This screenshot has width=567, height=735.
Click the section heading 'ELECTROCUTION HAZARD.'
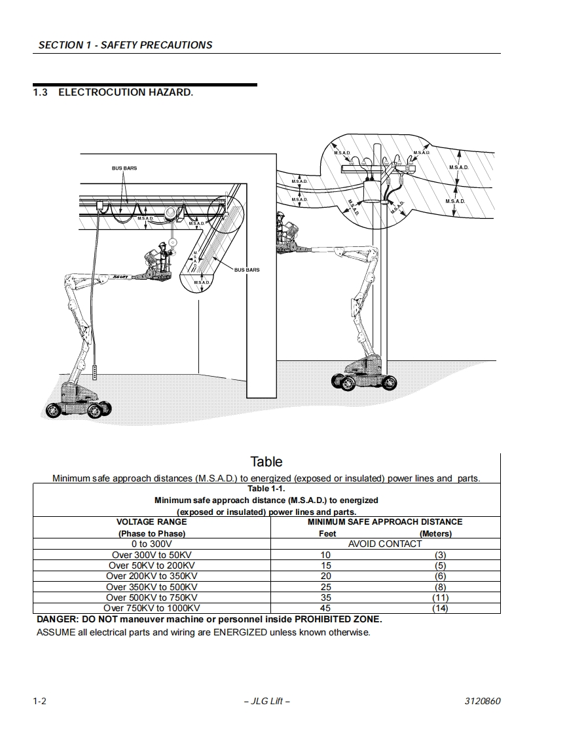tap(125, 92)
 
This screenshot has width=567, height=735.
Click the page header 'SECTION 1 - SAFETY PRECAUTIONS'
tap(125, 45)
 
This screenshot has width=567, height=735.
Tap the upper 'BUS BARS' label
tap(124, 168)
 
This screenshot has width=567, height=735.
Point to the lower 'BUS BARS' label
tap(247, 270)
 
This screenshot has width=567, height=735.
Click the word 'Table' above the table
tap(266, 462)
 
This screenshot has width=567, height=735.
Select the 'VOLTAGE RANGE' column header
tap(151, 522)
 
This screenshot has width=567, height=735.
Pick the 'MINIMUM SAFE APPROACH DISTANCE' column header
tap(385, 522)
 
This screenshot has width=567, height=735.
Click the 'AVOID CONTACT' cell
tap(385, 544)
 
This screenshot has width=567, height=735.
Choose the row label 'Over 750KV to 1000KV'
tap(151, 609)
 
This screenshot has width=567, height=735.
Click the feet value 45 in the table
tap(325, 609)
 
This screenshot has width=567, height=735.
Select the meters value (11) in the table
tap(440, 598)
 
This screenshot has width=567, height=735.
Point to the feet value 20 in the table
tap(325, 576)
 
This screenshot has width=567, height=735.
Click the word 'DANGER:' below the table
tap(57, 620)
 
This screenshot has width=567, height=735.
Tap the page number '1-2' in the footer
tap(40, 702)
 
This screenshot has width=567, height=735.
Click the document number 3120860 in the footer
tap(483, 702)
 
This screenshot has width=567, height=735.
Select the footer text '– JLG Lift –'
tap(266, 702)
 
